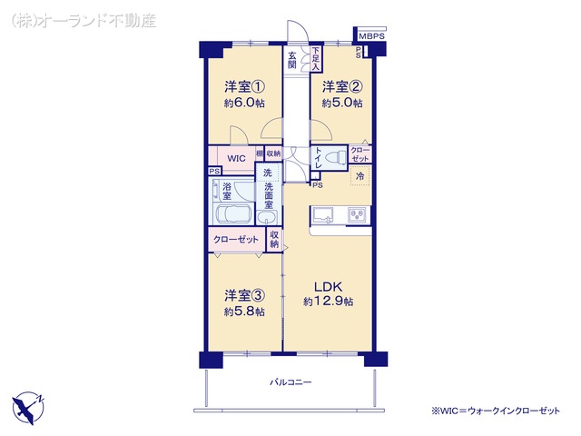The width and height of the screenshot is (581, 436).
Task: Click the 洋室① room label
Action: click(244, 88)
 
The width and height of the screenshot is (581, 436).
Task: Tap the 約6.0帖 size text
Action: click(244, 104)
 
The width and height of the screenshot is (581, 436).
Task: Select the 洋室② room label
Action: click(343, 88)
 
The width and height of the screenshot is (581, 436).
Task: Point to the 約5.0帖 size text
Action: click(343, 104)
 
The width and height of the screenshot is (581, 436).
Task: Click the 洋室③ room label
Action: click(245, 295)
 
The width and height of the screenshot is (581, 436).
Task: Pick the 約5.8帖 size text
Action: click(245, 312)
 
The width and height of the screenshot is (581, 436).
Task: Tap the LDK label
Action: click(328, 285)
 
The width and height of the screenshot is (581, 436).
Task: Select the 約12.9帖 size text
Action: click(328, 301)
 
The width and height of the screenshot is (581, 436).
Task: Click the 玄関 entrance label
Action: click(293, 60)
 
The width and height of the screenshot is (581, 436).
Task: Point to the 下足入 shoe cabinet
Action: click(315, 58)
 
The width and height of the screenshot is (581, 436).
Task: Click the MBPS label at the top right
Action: click(371, 37)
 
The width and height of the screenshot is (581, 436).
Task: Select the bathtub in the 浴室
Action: click(236, 215)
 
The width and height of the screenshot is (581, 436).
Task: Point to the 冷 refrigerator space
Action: click(359, 176)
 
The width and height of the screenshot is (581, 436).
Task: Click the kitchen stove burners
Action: click(358, 214)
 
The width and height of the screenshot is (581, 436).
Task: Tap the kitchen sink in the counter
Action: click(324, 214)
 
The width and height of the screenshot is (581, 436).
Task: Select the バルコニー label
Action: click(290, 382)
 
